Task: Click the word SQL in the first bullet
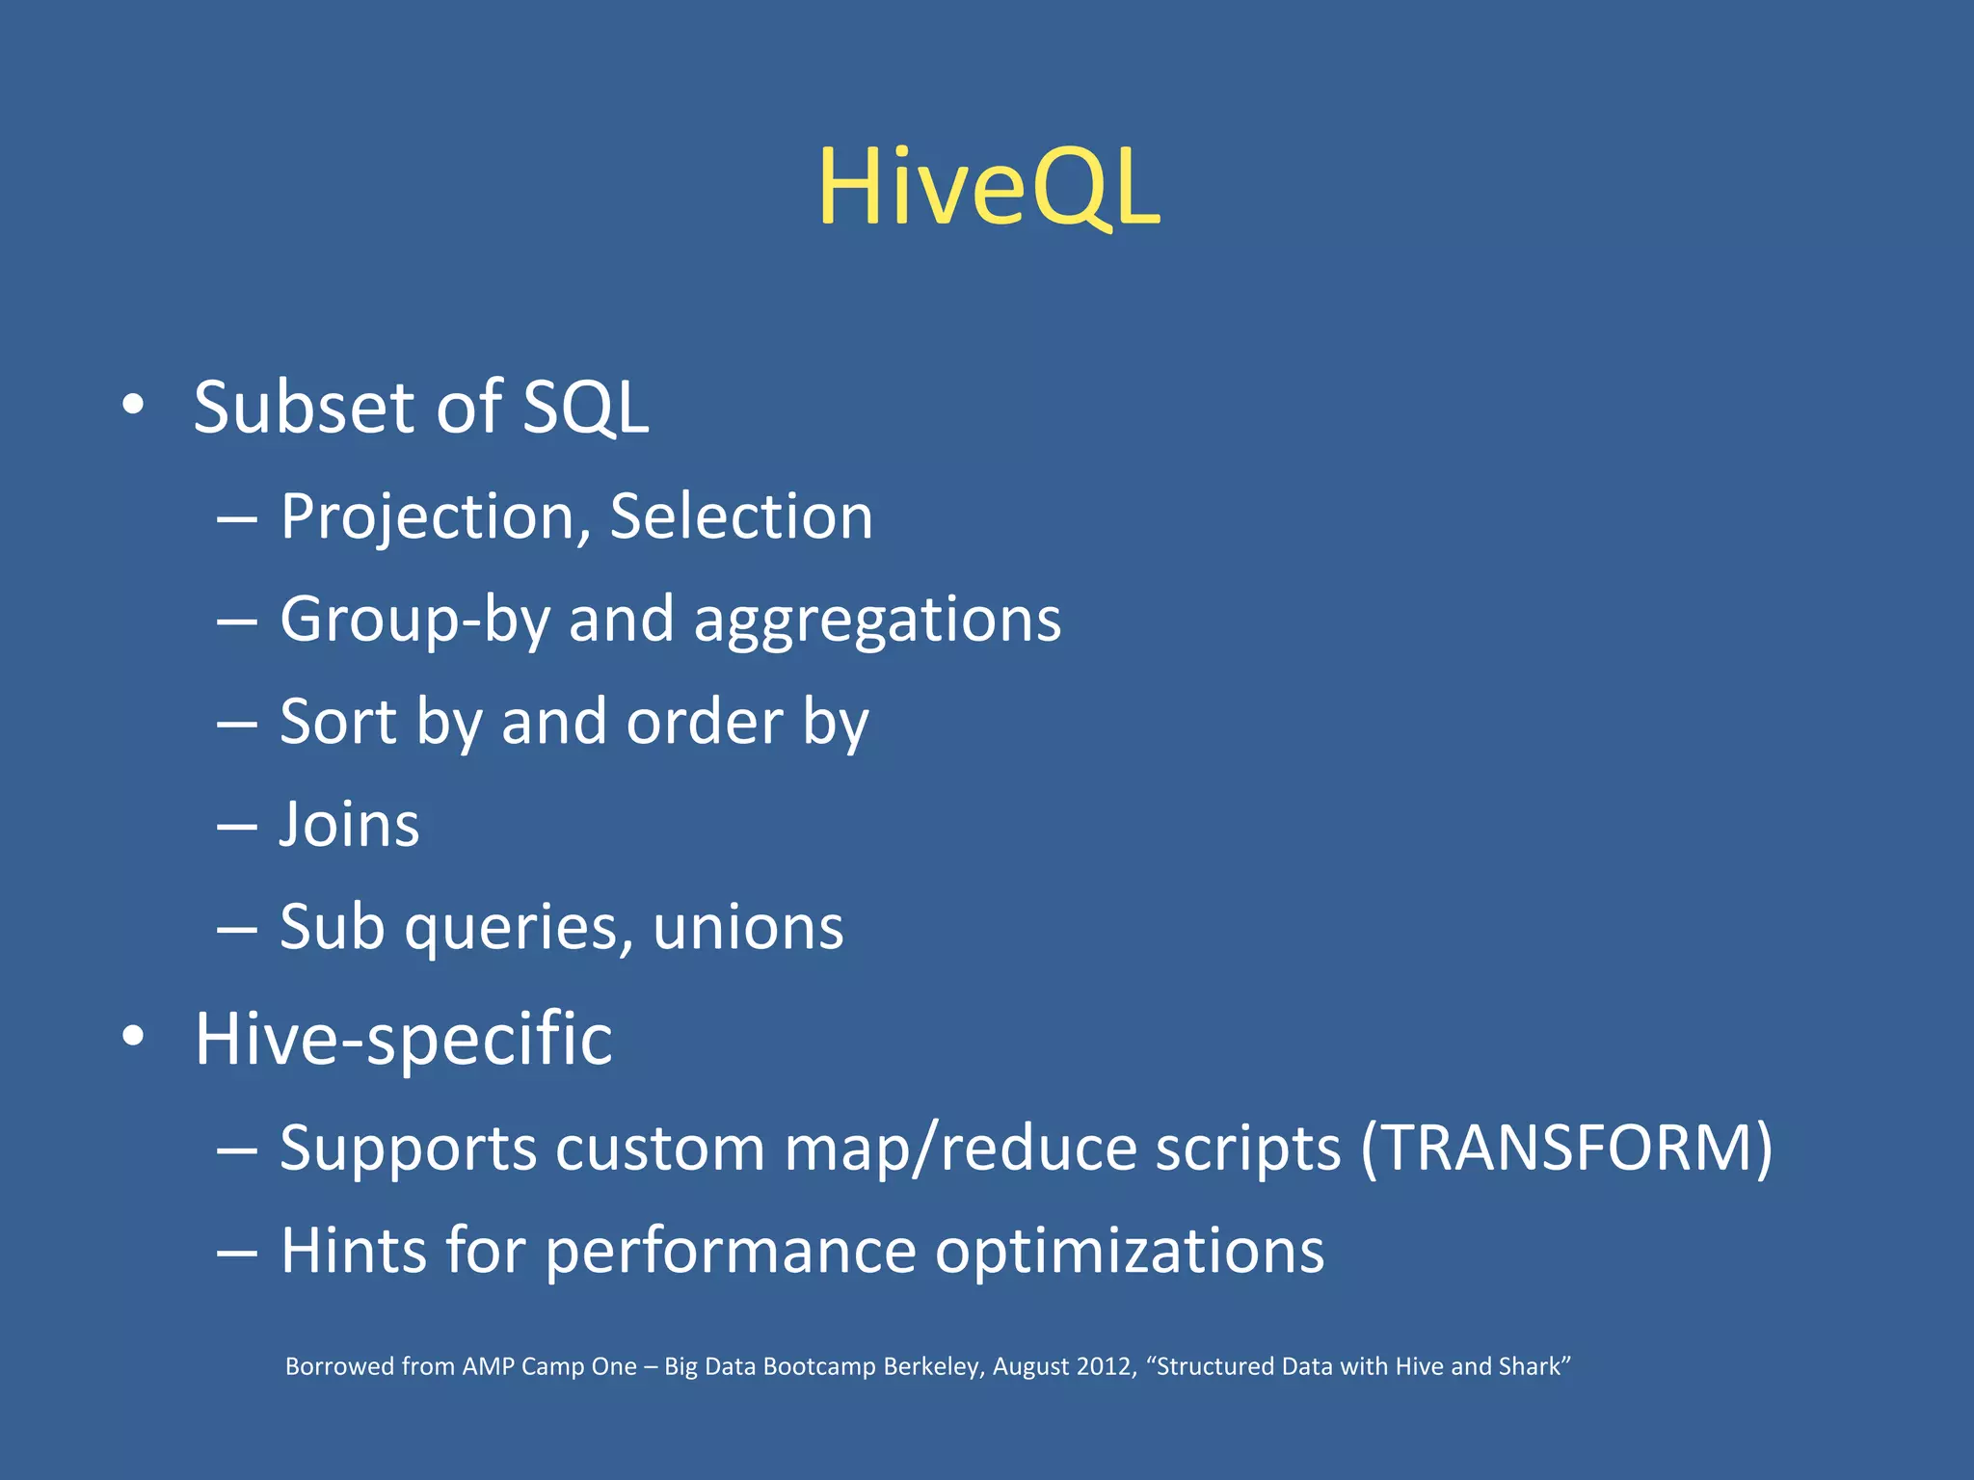(585, 408)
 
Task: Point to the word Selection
(740, 516)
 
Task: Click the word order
(705, 722)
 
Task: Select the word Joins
(349, 825)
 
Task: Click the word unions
(747, 927)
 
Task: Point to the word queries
(518, 929)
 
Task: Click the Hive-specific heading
(403, 1040)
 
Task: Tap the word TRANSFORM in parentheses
(1566, 1148)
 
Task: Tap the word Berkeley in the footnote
(932, 1366)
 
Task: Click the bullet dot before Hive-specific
(134, 1037)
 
